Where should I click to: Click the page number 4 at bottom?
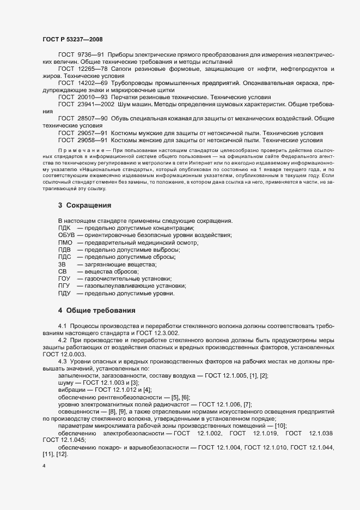point(44,466)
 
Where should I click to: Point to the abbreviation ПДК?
point(64,227)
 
